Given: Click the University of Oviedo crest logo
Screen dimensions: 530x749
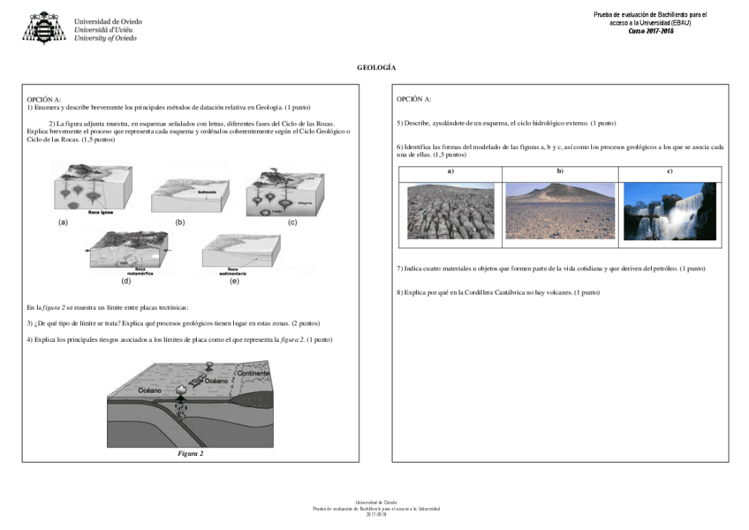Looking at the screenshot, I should [x=43, y=28].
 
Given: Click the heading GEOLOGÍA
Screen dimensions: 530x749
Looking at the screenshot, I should [x=375, y=68].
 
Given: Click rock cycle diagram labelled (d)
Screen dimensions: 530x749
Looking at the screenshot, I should [x=131, y=254].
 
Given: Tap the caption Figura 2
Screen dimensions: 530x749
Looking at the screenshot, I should [x=190, y=453].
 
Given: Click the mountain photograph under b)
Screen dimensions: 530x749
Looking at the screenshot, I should [x=560, y=211].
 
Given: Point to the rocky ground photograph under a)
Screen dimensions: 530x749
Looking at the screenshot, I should [x=450, y=211].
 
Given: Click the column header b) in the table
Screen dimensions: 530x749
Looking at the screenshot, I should [x=560, y=170].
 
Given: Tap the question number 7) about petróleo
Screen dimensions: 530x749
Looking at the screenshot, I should [x=400, y=268].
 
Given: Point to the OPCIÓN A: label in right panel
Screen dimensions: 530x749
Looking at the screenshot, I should [x=414, y=99].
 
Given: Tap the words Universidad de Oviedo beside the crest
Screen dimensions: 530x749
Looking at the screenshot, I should [x=108, y=21].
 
